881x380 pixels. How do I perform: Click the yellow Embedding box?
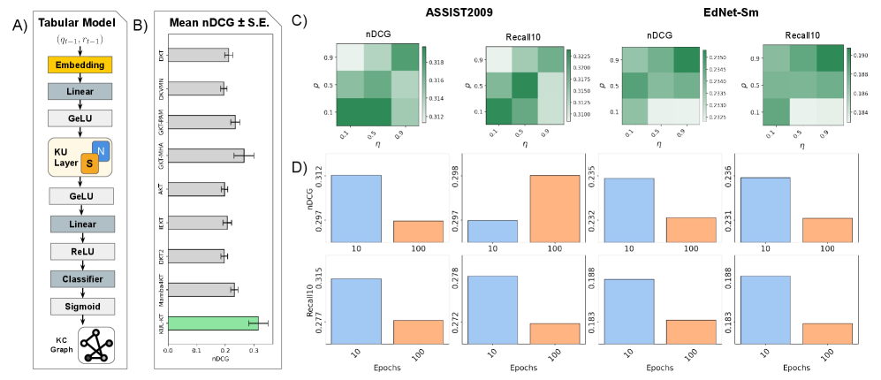pos(80,65)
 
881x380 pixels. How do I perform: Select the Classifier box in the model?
pos(80,279)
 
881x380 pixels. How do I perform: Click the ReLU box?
pos(80,254)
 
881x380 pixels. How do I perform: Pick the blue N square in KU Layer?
pos(101,150)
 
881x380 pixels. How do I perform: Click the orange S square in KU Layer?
pos(88,163)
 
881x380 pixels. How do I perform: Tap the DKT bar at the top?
pos(198,55)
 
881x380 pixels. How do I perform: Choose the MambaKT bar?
pos(201,289)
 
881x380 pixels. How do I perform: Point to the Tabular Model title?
pos(80,21)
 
